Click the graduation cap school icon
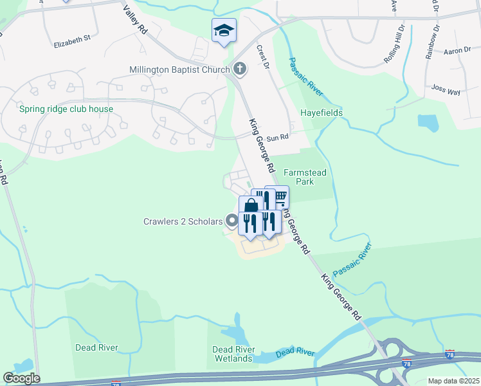point(224,30)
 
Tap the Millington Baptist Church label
point(179,69)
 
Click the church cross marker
point(240,69)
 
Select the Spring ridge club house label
point(66,109)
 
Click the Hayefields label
point(322,113)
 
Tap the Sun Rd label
point(278,137)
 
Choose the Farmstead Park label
point(298,178)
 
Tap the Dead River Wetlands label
point(233,354)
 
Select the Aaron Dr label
point(457,50)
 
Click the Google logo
point(21,378)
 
